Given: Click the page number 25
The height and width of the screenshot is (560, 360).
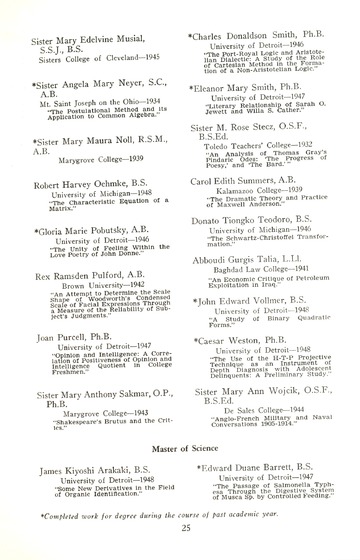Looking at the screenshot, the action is pos(179,527).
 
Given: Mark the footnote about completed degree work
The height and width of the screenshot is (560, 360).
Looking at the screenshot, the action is pos(179,508).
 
